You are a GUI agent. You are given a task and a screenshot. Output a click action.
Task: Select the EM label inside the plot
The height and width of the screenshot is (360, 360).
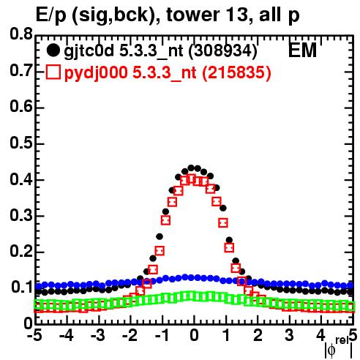303,50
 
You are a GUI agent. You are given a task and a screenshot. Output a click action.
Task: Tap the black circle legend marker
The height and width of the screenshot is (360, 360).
53,50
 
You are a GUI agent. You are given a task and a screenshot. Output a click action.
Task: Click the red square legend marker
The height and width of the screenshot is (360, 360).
53,72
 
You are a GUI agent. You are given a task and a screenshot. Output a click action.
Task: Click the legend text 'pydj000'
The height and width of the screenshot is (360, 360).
96,73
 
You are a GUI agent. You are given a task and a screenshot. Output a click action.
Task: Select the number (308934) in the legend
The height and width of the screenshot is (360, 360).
223,50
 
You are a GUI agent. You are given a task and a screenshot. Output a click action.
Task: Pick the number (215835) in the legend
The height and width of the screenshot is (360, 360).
237,72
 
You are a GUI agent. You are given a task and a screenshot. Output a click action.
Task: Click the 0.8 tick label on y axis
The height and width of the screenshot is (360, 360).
21,34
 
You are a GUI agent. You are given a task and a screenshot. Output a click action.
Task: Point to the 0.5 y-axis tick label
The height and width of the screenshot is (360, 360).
21,143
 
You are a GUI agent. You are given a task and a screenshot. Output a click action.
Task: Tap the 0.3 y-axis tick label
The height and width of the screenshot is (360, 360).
21,215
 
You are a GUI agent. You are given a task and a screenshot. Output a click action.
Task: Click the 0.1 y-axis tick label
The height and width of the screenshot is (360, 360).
22,288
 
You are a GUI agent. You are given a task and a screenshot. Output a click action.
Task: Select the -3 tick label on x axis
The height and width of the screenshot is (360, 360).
98,335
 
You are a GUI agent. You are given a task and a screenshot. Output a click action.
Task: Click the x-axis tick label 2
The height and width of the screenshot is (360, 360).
258,335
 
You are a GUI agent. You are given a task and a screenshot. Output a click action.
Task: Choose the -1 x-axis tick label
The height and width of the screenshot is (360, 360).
162,335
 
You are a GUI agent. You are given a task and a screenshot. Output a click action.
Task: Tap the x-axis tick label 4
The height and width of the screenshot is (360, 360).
321,335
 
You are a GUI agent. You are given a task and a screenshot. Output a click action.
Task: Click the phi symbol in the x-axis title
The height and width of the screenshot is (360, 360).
331,350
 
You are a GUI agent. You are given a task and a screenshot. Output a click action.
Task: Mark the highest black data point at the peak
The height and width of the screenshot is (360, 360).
191,168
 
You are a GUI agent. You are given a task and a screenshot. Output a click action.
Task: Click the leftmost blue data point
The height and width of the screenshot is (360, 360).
39,286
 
